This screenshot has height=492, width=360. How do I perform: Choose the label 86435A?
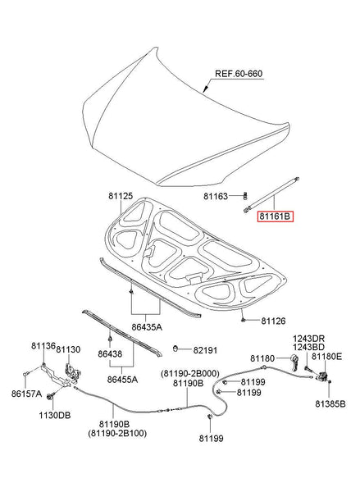[148, 326]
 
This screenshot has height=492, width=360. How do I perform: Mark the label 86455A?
[121, 380]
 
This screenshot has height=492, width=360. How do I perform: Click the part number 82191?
[207, 350]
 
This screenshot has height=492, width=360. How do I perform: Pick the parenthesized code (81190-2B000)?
[191, 374]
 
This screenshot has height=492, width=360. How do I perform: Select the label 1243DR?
[310, 338]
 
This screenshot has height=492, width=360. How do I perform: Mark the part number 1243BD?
[309, 348]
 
